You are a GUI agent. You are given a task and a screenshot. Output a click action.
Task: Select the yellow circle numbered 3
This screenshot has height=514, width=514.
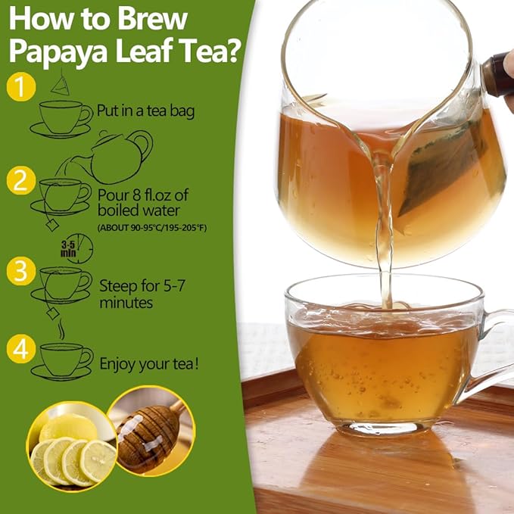[x=21, y=270]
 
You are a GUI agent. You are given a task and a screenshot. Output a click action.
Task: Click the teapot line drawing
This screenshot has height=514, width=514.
[x=121, y=155]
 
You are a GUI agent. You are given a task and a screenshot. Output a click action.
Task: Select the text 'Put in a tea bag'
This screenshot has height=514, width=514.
[x=146, y=111]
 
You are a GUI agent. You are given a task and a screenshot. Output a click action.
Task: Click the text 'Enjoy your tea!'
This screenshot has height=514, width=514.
[x=150, y=364]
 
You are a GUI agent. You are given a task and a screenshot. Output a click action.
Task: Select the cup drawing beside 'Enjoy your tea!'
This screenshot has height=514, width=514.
[x=64, y=359]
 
